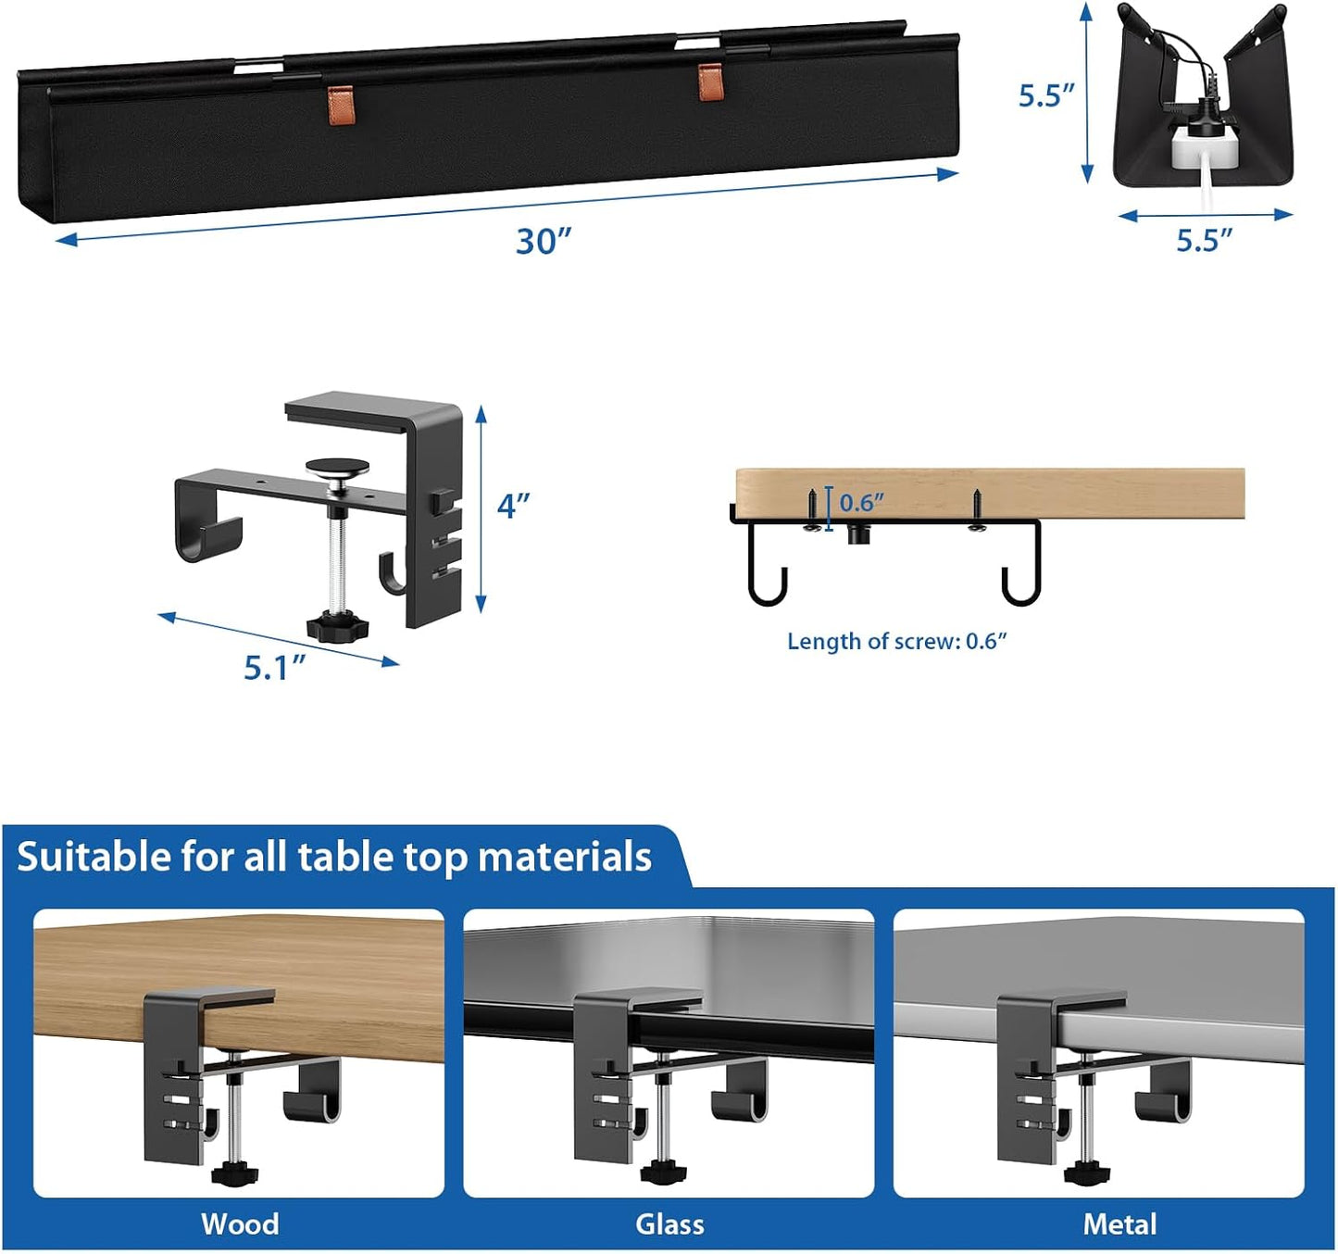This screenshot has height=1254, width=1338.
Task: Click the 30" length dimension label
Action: coord(544,241)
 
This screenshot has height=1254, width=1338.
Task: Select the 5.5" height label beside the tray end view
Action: coord(1046,95)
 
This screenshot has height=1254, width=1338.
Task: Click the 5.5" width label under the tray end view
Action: coord(1204,240)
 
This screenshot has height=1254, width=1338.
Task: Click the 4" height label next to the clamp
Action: coord(513,506)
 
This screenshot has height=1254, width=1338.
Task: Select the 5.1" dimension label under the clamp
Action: coord(274,667)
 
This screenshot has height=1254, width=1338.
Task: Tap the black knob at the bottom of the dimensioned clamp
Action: coord(337,627)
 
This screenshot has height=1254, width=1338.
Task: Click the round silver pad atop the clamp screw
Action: coord(338,468)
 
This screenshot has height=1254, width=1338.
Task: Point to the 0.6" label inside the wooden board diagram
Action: coord(861,503)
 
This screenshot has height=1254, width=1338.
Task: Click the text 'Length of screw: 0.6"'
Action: coord(896,641)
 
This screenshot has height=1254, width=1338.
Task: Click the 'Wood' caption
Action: coord(240,1223)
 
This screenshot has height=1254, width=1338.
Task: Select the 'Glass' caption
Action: coord(669,1223)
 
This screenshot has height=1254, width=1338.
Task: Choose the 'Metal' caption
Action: coord(1119,1223)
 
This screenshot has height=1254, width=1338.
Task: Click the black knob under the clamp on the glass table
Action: coord(661,1173)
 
